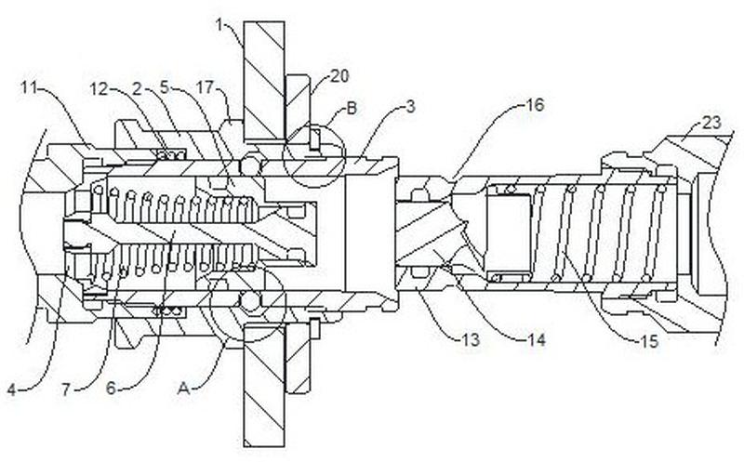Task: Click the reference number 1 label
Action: pyautogui.click(x=219, y=25)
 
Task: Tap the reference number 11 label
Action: pyautogui.click(x=30, y=87)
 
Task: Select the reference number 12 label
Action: pyautogui.click(x=100, y=88)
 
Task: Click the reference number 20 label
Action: pyautogui.click(x=339, y=76)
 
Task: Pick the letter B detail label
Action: pyautogui.click(x=352, y=108)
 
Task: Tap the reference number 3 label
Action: pyautogui.click(x=410, y=106)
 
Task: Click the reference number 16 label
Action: pyautogui.click(x=535, y=105)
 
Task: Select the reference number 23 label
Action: pyautogui.click(x=711, y=124)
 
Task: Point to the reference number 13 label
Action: pyautogui.click(x=471, y=339)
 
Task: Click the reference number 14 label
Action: pyautogui.click(x=537, y=339)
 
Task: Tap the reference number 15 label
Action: pyautogui.click(x=649, y=341)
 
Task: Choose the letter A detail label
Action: pyautogui.click(x=183, y=389)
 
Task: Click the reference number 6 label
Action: pyautogui.click(x=111, y=389)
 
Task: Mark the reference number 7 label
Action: pyautogui.click(x=66, y=389)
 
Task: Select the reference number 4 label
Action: pyautogui.click(x=12, y=389)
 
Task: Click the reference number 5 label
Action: pyautogui.click(x=164, y=87)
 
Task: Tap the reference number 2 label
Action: pyautogui.click(x=137, y=88)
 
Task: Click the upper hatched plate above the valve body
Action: pyautogui.click(x=264, y=81)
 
